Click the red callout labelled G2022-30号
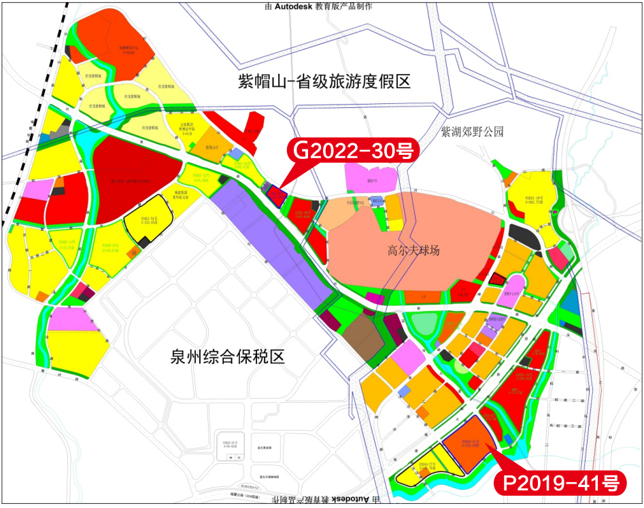coord(353,151)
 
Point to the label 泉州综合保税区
coord(226,357)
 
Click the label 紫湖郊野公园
coord(473,131)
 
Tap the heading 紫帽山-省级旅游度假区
coord(315,82)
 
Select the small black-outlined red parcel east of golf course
coord(498,278)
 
